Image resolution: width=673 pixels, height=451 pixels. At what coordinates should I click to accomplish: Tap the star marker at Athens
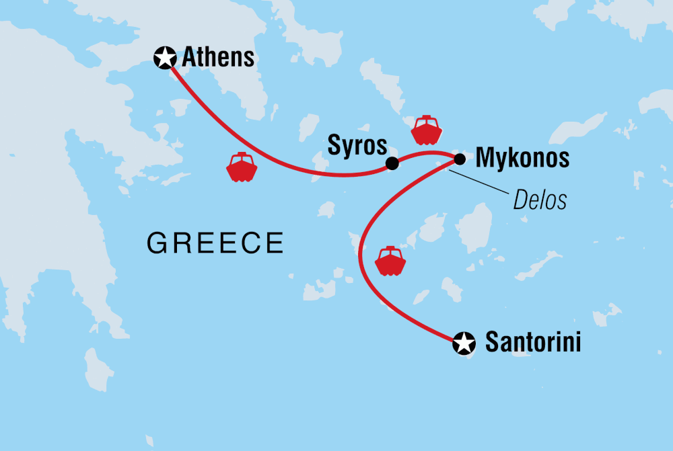(165, 58)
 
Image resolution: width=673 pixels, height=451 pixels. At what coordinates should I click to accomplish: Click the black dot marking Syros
(392, 163)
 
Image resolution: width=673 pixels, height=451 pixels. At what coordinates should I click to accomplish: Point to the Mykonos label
(522, 159)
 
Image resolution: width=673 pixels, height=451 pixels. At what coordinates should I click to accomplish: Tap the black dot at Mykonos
(460, 159)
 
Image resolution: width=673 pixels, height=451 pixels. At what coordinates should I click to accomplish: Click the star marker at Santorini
(463, 343)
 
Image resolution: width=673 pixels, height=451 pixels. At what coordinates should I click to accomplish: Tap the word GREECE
(215, 243)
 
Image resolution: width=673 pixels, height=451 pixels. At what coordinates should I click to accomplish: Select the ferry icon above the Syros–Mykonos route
(427, 130)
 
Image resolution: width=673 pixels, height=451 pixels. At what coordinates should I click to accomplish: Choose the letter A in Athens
(190, 57)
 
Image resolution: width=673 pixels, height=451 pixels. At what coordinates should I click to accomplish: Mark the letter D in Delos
(520, 199)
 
